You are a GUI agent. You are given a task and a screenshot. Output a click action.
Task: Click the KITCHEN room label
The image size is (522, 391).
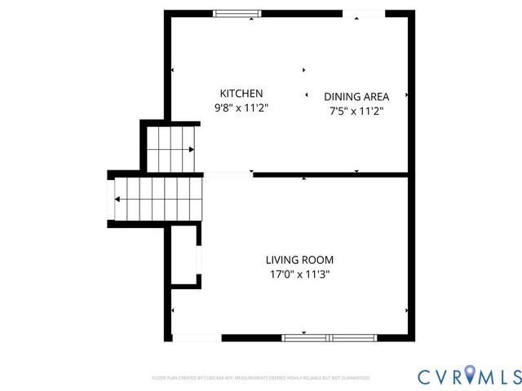[x=241, y=94]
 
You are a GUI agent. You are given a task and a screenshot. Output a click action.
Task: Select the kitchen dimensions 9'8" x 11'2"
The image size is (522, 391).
[x=241, y=108]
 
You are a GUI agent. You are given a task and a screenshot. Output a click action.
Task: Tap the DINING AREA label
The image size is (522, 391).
[x=356, y=95]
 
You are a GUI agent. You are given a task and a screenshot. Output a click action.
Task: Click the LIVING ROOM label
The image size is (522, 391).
[x=299, y=260]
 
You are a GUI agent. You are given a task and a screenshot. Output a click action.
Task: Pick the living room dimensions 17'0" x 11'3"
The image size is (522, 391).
[x=299, y=275]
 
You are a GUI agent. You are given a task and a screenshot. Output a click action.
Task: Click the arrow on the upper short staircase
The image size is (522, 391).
[x=191, y=150]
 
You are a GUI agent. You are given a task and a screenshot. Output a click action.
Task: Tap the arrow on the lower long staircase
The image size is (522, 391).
[x=118, y=199]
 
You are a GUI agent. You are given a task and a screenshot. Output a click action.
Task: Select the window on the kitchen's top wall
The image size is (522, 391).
[x=237, y=13]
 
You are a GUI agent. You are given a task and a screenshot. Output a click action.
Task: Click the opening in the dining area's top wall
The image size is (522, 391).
[x=364, y=13]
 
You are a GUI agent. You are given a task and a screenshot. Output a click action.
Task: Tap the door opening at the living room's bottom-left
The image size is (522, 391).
[x=197, y=337]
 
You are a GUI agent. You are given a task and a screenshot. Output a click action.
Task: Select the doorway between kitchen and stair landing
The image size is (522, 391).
[x=228, y=174]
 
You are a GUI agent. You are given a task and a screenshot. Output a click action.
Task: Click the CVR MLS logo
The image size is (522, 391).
[x=469, y=376]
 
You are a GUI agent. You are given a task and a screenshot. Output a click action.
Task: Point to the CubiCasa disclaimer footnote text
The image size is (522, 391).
[x=261, y=378]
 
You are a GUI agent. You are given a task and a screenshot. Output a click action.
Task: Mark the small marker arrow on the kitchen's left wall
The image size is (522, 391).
[x=173, y=72]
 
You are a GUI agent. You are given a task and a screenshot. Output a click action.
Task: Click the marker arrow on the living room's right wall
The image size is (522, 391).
[x=407, y=310]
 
